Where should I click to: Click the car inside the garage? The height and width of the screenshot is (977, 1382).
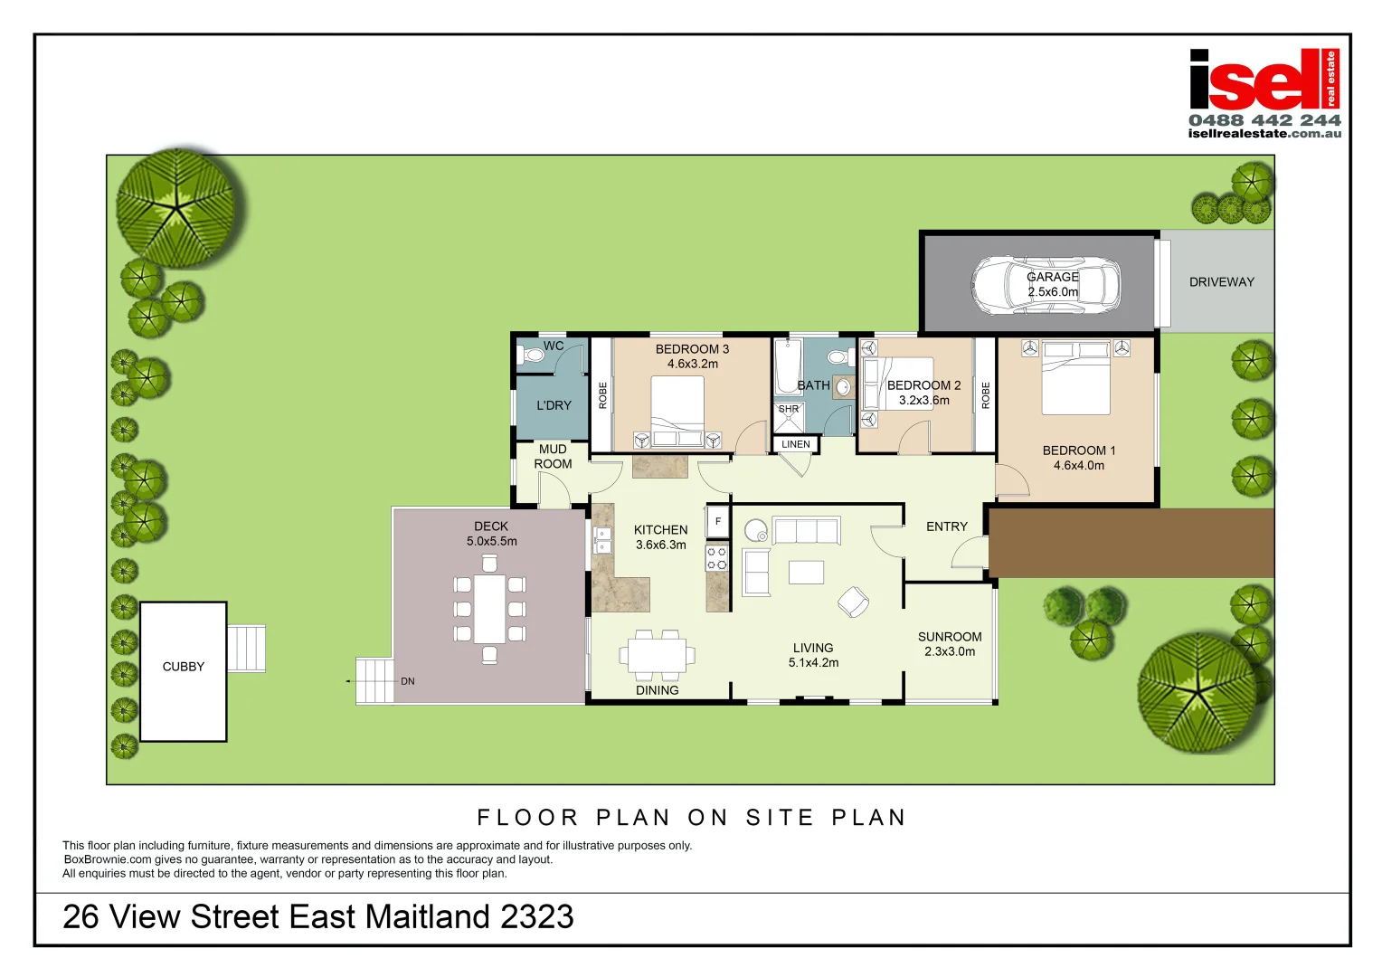1046,285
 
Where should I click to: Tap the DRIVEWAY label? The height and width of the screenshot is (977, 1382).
1221,282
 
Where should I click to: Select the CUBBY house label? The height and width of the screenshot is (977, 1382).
183,667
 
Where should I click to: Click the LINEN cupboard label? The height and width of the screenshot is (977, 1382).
796,444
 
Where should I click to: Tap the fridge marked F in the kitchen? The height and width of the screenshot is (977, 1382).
718,521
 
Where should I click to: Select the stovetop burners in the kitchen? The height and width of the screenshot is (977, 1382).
716,558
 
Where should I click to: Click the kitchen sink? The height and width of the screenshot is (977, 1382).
602,541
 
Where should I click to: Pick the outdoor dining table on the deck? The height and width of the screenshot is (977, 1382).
489,609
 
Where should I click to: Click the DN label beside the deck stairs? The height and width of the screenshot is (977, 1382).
408,681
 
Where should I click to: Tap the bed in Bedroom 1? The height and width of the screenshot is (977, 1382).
1075,378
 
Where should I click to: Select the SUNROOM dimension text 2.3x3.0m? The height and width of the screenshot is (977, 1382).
950,651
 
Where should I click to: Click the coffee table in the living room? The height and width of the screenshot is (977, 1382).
806,573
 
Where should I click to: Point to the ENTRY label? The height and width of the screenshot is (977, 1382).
946,526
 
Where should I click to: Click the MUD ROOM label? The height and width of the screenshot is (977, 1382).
553,457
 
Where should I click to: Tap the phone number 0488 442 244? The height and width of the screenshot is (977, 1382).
1264,120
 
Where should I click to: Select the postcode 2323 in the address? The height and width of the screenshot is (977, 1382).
536,917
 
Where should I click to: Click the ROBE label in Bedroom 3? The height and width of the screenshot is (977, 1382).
602,395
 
